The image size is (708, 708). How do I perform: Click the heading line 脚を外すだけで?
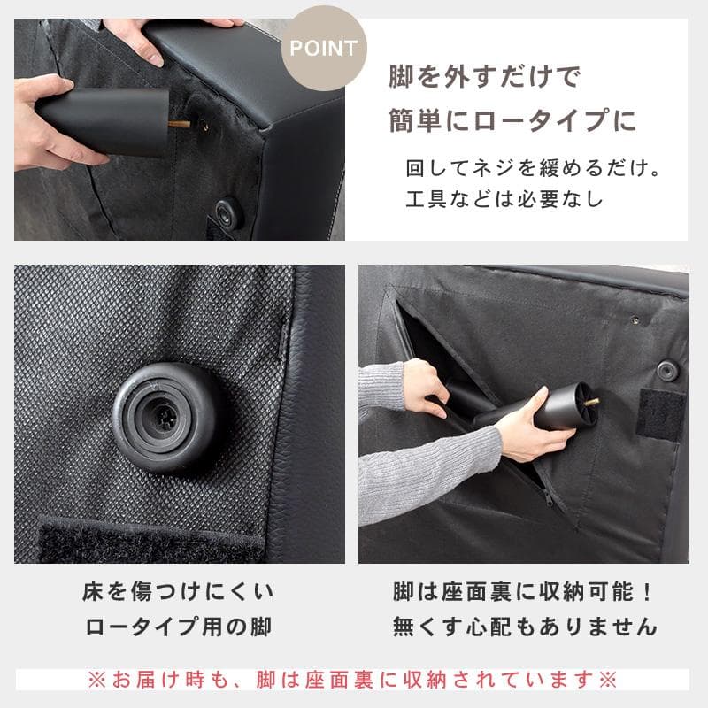tap(484, 78)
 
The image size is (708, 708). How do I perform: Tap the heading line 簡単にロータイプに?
tap(512, 119)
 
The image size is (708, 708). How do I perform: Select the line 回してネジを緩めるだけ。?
tap(534, 167)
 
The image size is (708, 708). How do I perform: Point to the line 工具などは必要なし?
tap(504, 199)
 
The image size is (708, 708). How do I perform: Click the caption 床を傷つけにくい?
tap(178, 591)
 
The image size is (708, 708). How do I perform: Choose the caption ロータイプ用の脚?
tap(178, 627)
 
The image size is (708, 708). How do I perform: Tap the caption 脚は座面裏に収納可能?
tap(525, 591)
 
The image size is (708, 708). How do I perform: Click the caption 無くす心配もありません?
tap(525, 627)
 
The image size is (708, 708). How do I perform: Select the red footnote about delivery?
tap(353, 680)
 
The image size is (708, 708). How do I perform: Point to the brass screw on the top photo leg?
tap(181, 126)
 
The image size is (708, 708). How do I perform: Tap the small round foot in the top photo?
tap(229, 212)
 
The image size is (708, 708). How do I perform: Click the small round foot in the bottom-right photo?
tap(668, 371)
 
